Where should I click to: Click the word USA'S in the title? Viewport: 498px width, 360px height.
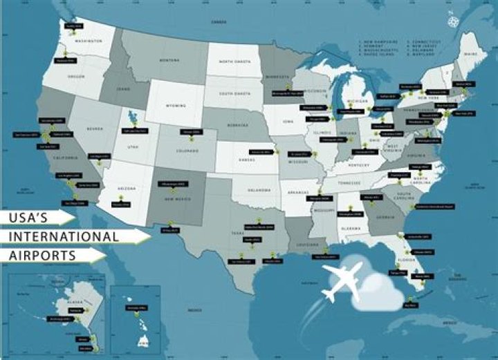[x=32, y=218]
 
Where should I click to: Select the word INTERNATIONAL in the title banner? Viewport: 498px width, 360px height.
[x=62, y=236]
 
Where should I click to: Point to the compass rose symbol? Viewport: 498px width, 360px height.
[x=454, y=20]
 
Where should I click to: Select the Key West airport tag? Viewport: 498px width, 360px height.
[x=410, y=305]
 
